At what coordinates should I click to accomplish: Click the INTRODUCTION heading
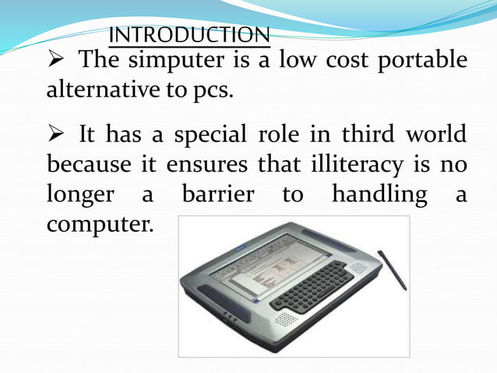(190, 35)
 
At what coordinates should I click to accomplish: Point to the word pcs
(213, 91)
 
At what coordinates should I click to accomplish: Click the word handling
(380, 194)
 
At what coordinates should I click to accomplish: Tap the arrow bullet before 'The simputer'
(58, 60)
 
